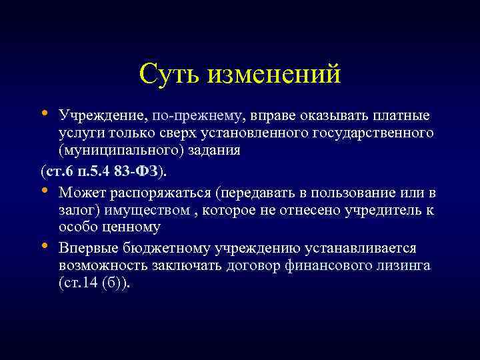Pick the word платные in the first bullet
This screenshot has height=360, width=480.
coord(398,117)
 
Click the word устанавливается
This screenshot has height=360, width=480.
coord(360,249)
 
